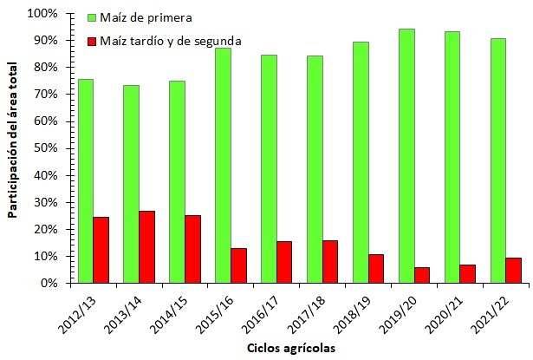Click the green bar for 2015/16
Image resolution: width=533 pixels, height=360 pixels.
223,166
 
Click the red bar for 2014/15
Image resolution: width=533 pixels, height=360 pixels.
192,249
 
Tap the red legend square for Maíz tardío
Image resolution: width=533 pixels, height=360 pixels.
93,40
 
